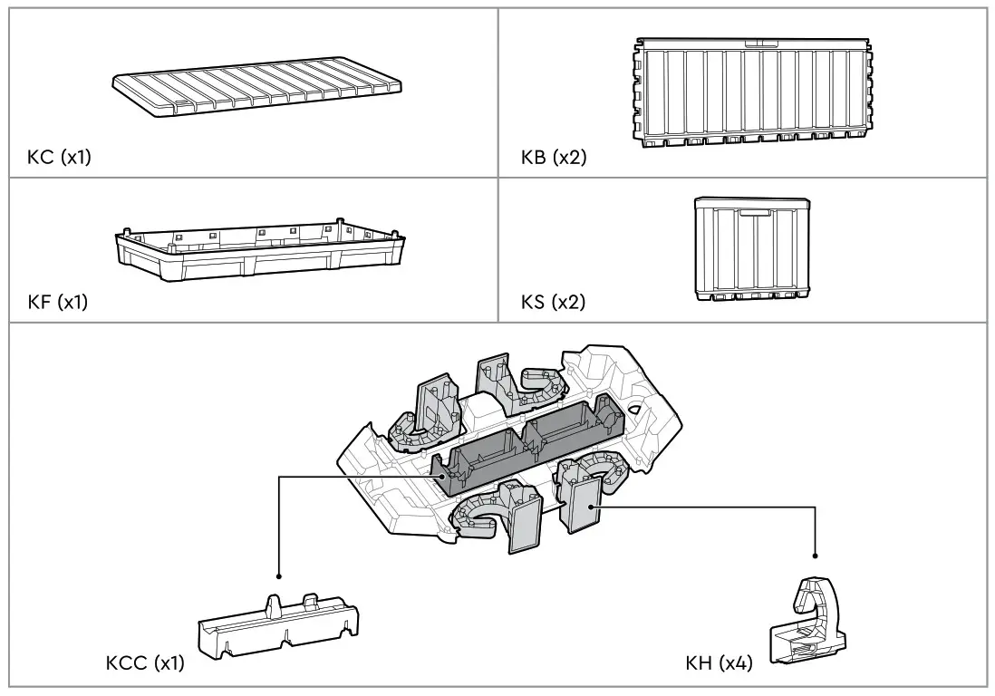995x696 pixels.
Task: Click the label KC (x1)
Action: [59, 158]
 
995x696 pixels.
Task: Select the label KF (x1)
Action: [58, 303]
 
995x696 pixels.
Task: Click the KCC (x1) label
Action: [145, 663]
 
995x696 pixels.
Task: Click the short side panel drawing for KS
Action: [751, 249]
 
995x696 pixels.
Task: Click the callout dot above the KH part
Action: [816, 556]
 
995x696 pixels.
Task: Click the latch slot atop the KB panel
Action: [754, 43]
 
